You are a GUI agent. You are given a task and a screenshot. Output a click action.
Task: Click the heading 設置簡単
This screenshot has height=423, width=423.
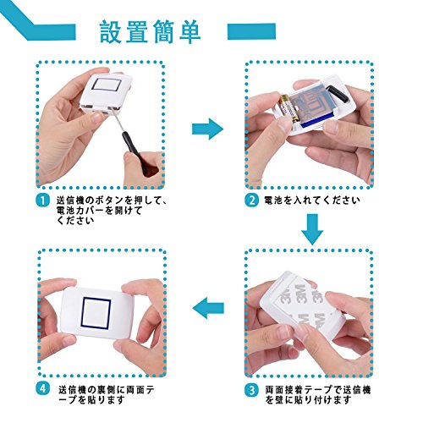tap(151, 31)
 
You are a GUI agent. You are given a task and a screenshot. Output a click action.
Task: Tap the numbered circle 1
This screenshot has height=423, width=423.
tap(42, 201)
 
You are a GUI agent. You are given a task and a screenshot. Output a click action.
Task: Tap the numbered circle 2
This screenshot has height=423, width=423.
tap(251, 201)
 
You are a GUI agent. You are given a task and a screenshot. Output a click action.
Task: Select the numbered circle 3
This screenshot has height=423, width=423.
tap(251, 390)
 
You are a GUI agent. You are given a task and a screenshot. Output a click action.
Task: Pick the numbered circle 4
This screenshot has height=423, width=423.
tap(42, 388)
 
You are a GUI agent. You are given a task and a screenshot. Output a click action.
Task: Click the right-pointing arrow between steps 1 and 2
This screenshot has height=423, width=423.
tap(207, 129)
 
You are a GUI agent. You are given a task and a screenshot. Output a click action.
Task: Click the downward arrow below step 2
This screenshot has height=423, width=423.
tap(312, 229)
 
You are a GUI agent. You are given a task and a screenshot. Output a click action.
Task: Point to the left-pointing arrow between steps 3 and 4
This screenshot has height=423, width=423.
tap(208, 308)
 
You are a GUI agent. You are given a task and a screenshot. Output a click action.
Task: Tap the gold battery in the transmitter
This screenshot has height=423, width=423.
tap(288, 109)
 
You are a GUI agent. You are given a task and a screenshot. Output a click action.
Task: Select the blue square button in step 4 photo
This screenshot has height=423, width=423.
tap(96, 313)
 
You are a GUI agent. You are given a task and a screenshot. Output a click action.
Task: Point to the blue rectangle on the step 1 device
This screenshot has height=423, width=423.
tap(107, 84)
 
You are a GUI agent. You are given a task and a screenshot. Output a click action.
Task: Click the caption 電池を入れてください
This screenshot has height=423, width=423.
tap(312, 201)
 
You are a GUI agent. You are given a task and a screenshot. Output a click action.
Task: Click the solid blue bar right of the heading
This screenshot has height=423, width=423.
tap(251, 31)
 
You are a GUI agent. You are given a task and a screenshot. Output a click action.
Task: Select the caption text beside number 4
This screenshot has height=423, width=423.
tap(107, 395)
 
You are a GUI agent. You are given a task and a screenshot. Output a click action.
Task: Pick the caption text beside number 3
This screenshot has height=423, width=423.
tap(317, 395)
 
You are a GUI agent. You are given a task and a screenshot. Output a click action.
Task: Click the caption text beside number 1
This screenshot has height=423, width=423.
tap(112, 211)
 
